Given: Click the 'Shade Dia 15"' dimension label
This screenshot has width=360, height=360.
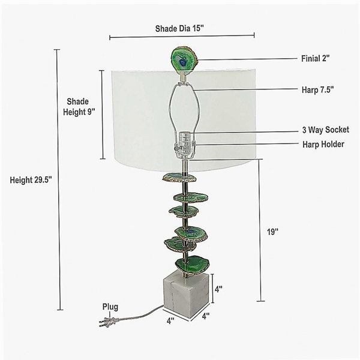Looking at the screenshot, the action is [x=179, y=29].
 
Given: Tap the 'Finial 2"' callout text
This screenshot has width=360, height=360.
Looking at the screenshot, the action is [x=315, y=59].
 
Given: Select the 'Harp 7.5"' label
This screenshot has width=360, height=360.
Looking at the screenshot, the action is [x=317, y=90].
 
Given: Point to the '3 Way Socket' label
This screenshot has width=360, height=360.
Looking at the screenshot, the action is [x=326, y=130].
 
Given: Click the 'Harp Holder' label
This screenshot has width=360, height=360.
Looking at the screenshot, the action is [x=323, y=145].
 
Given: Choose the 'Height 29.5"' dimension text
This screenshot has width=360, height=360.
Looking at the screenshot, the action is [x=31, y=180].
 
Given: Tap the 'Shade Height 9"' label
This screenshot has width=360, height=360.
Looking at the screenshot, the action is [x=79, y=107].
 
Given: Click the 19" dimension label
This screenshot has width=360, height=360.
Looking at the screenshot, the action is [x=272, y=232].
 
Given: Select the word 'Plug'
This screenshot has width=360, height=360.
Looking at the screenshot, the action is [x=110, y=307].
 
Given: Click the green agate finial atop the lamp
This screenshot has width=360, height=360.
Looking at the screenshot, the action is [x=184, y=59].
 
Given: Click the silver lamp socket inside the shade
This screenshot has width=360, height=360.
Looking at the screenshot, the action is [x=185, y=145].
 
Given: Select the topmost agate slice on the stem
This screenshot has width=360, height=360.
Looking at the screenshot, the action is [x=179, y=178].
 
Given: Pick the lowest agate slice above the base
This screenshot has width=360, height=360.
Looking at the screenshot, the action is [x=192, y=265].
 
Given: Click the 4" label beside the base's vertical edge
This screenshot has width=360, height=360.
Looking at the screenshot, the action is [x=218, y=289].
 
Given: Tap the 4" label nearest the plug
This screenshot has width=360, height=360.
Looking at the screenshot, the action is [x=170, y=320].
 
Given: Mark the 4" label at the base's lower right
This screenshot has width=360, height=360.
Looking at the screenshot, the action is [x=206, y=316].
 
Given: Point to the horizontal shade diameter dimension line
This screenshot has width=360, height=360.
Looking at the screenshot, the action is [x=182, y=36].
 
